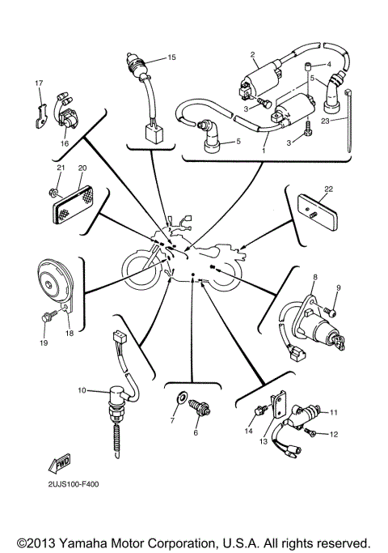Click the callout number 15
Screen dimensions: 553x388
(x=171, y=57)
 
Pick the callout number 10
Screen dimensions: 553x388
(x=82, y=390)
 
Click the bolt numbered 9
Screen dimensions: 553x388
(x=330, y=310)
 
